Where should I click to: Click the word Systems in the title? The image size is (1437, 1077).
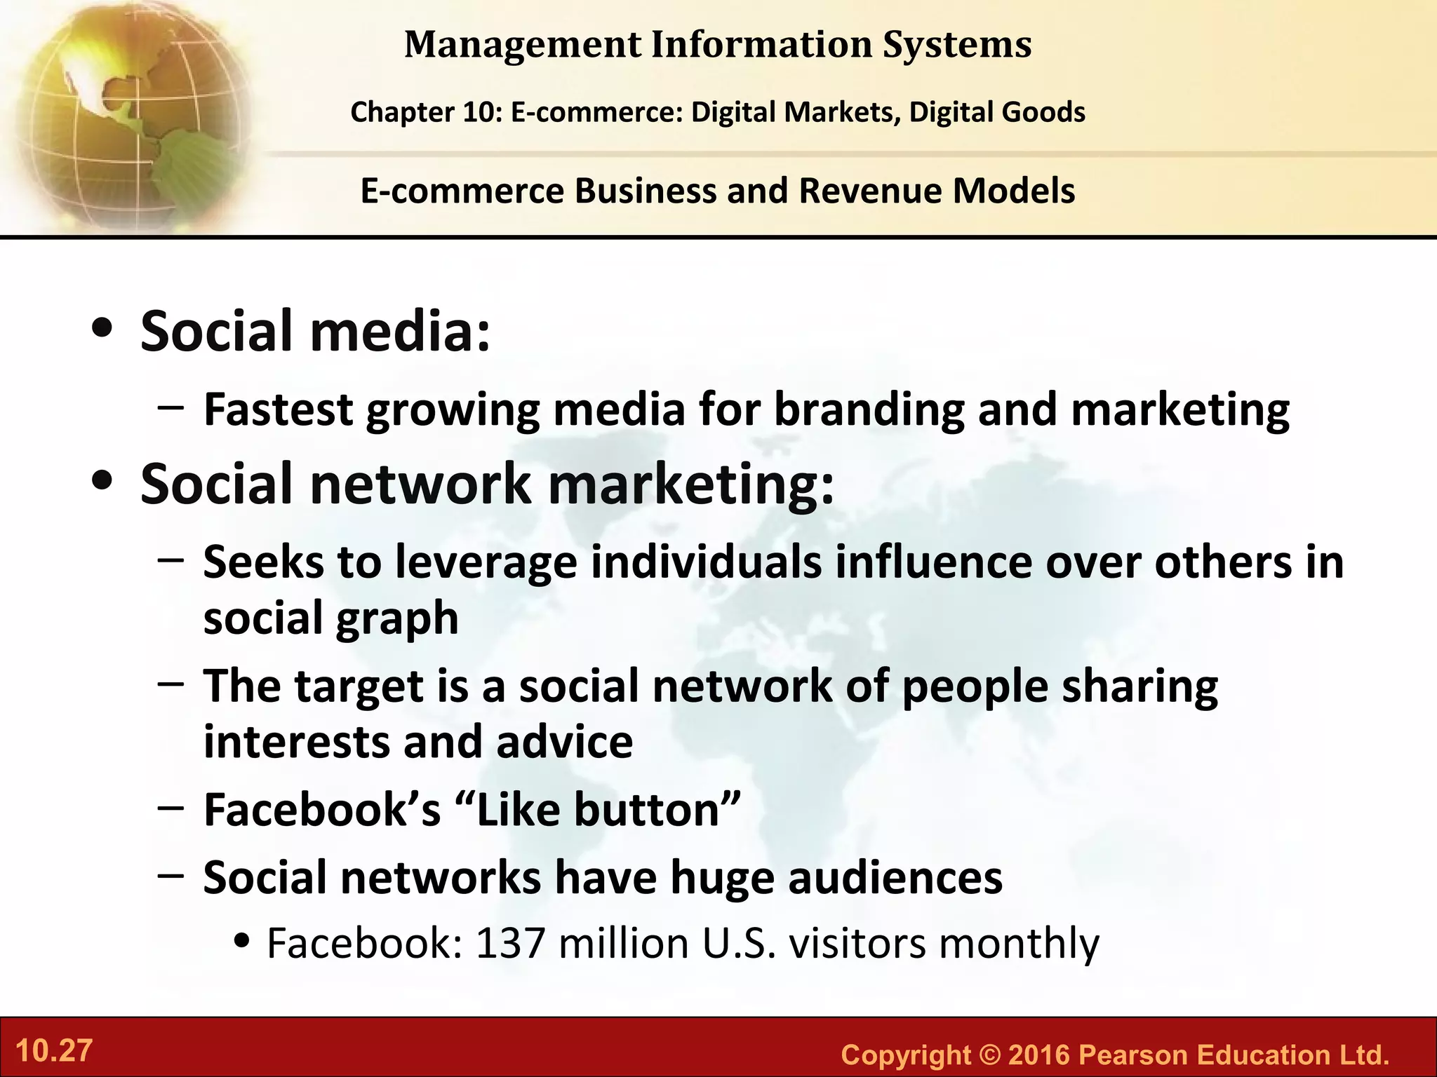tap(957, 45)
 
